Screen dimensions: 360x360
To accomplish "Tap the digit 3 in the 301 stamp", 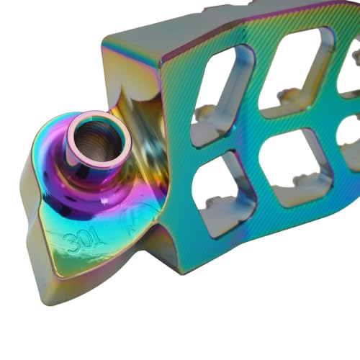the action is (70, 244).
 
